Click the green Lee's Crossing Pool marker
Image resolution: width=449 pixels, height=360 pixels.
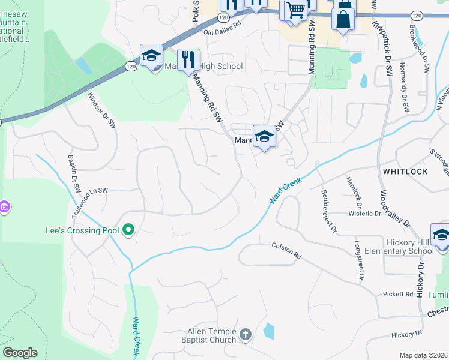coord(128,230)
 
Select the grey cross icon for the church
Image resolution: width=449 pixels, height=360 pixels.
coord(245,334)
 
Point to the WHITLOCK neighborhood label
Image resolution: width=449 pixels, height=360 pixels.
coord(405,172)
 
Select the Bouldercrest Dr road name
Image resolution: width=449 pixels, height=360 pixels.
coord(332,212)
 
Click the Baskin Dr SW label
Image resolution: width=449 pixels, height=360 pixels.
coord(74,173)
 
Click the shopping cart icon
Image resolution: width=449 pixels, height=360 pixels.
coord(295,10)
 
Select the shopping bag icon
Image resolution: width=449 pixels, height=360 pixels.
coord(343,18)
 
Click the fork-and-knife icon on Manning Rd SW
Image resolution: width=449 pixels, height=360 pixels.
coord(188,59)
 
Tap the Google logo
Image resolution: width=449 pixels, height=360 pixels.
coord(20,353)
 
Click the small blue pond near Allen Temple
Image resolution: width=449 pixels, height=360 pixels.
coord(269,331)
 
